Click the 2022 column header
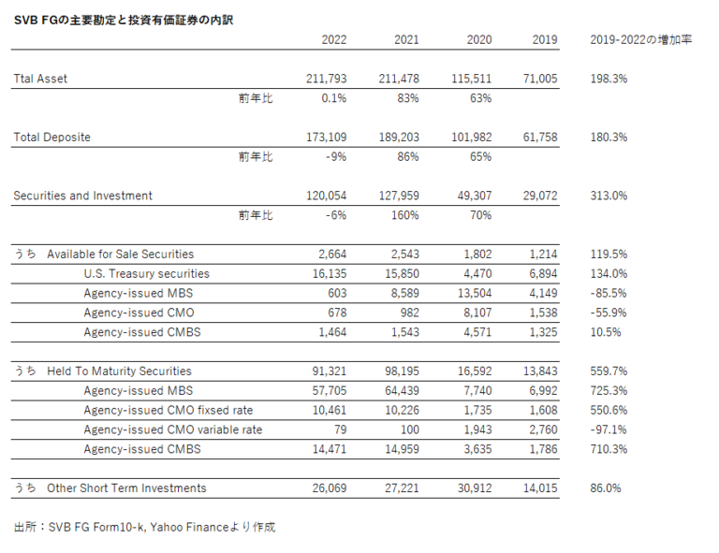coord(334,39)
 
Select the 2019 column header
coord(544,39)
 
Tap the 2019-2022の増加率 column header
coord(641,39)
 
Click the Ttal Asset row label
coord(40,79)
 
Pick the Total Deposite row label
coord(51,138)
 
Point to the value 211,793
coord(326,79)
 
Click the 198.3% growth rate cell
coord(609,79)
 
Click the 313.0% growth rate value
coord(609,196)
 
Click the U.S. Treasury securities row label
coord(146,274)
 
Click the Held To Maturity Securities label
coord(119,371)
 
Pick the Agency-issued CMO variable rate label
coord(172,429)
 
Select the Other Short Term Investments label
coord(126,488)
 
